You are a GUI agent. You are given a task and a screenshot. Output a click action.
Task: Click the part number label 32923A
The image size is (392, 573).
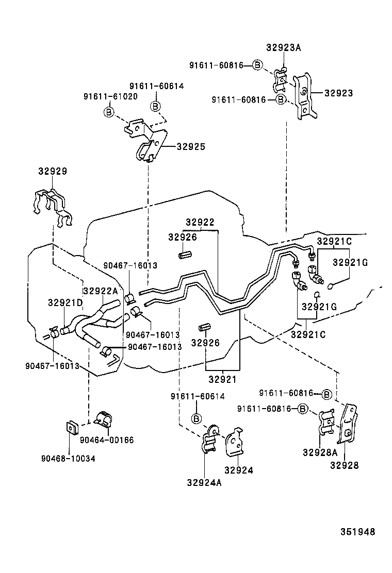(283, 48)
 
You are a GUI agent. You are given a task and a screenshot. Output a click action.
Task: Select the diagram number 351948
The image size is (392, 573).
(357, 532)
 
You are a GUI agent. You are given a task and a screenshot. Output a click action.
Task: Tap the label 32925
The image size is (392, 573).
(190, 147)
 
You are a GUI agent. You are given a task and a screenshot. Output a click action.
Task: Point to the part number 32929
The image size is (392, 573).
(52, 171)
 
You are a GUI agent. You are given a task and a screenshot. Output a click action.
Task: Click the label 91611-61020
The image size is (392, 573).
(110, 96)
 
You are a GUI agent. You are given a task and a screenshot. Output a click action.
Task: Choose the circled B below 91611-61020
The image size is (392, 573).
(109, 111)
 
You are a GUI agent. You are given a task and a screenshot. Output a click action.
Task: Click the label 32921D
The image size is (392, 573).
(65, 302)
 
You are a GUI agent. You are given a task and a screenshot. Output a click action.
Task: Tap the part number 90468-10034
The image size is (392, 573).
(69, 458)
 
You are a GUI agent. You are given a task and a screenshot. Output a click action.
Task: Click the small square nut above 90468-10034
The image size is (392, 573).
(71, 427)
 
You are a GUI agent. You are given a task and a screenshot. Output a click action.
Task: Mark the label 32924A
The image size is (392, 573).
(204, 482)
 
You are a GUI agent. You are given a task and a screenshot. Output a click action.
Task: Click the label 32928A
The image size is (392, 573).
(320, 452)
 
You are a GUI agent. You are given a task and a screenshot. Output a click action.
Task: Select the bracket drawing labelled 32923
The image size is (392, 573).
(304, 97)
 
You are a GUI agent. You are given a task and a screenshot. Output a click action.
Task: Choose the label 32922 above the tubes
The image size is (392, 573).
(200, 222)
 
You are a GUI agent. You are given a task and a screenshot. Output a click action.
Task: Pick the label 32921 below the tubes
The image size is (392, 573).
(222, 379)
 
